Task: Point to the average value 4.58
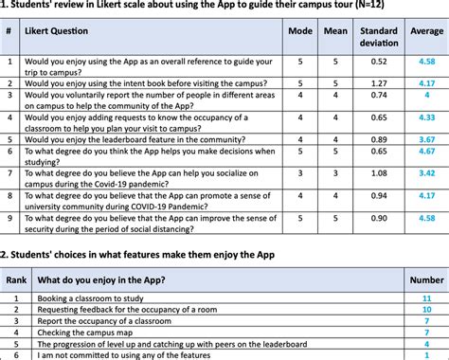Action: coord(426,62)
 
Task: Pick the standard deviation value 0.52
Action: coord(379,62)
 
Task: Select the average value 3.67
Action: coord(426,138)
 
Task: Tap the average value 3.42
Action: coord(426,173)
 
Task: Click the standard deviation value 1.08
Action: coord(379,173)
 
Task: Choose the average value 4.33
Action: coord(426,117)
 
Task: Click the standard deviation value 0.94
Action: coord(379,196)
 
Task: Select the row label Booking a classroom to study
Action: coord(91,298)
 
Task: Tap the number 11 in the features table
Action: coord(426,298)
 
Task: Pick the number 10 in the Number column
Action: coord(426,309)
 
